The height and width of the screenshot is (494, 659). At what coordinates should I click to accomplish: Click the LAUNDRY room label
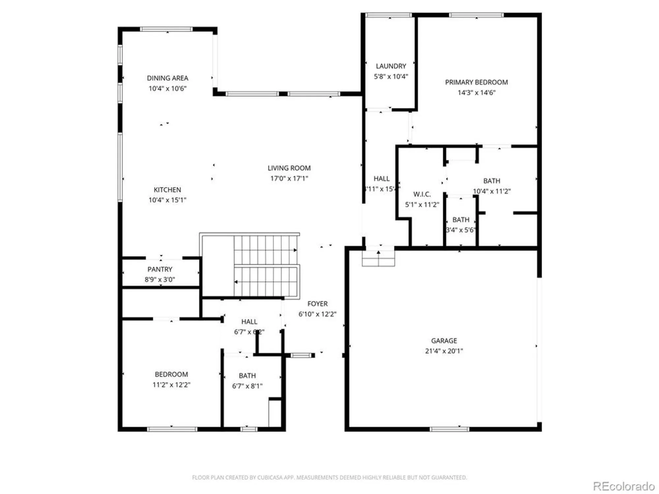click(x=391, y=66)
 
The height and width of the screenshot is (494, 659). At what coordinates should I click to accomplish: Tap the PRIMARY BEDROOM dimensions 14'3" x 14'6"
click(x=476, y=93)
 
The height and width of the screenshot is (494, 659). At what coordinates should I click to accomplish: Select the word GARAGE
click(x=444, y=341)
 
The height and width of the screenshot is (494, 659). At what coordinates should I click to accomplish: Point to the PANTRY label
click(x=160, y=269)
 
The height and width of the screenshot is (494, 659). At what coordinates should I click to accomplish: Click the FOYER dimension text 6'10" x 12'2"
click(x=317, y=314)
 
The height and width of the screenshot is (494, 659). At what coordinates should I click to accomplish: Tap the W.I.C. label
click(x=422, y=194)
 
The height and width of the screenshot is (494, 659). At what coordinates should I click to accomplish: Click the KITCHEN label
click(x=167, y=190)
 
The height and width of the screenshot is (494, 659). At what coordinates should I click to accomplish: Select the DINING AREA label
click(x=167, y=78)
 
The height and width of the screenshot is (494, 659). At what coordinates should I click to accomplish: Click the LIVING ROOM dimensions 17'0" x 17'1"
click(x=289, y=178)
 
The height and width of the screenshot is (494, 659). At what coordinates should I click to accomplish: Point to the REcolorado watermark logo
click(x=623, y=486)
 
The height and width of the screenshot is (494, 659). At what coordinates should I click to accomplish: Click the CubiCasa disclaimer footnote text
click(x=329, y=477)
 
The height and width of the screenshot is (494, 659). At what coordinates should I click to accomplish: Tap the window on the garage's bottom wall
click(x=449, y=429)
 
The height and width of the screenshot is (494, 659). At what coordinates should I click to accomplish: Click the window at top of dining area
click(x=166, y=29)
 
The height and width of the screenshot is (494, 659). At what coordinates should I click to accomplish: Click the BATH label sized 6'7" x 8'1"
click(x=247, y=376)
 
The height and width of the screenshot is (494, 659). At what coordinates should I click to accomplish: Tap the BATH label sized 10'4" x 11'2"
click(x=491, y=181)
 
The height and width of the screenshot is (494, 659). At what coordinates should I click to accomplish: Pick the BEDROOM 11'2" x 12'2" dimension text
click(x=171, y=385)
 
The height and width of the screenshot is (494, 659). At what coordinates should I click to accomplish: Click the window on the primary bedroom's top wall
click(x=476, y=15)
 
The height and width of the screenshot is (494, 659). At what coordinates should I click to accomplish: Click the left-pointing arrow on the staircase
click(x=236, y=282)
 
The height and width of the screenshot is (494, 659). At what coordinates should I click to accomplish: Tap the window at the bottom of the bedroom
click(x=172, y=429)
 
